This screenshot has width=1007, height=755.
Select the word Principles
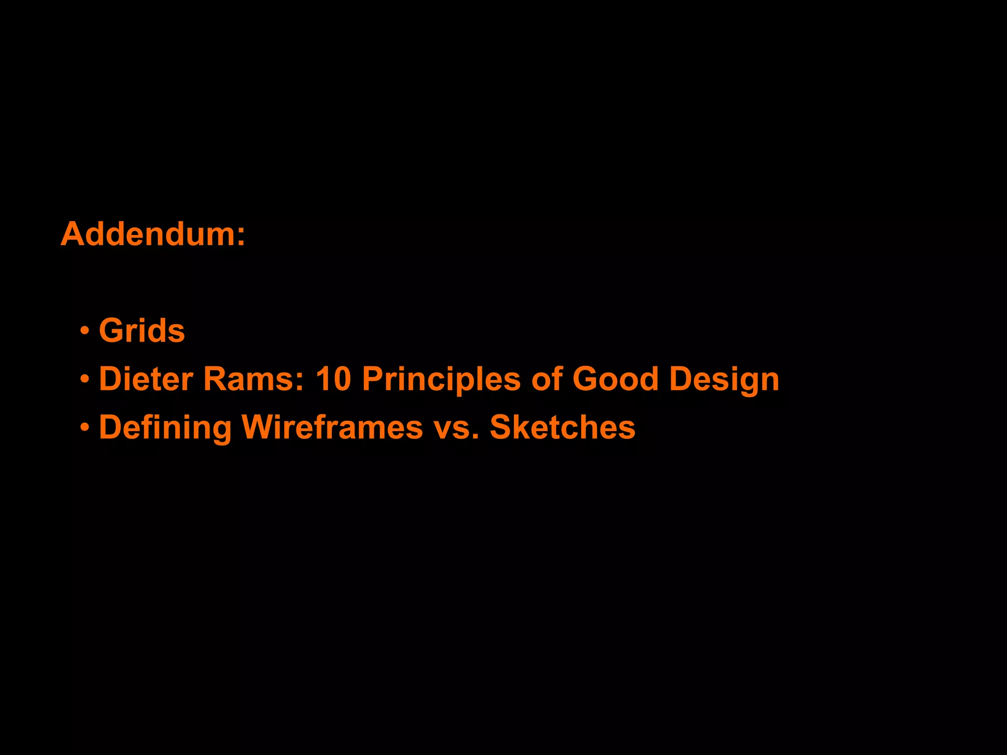coord(441,379)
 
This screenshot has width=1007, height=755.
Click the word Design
coord(724,379)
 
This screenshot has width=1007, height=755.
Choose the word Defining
coord(165,427)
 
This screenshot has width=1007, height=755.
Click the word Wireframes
coord(332,426)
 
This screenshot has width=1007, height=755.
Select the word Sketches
coord(563,426)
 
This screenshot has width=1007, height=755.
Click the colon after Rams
coord(299,381)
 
